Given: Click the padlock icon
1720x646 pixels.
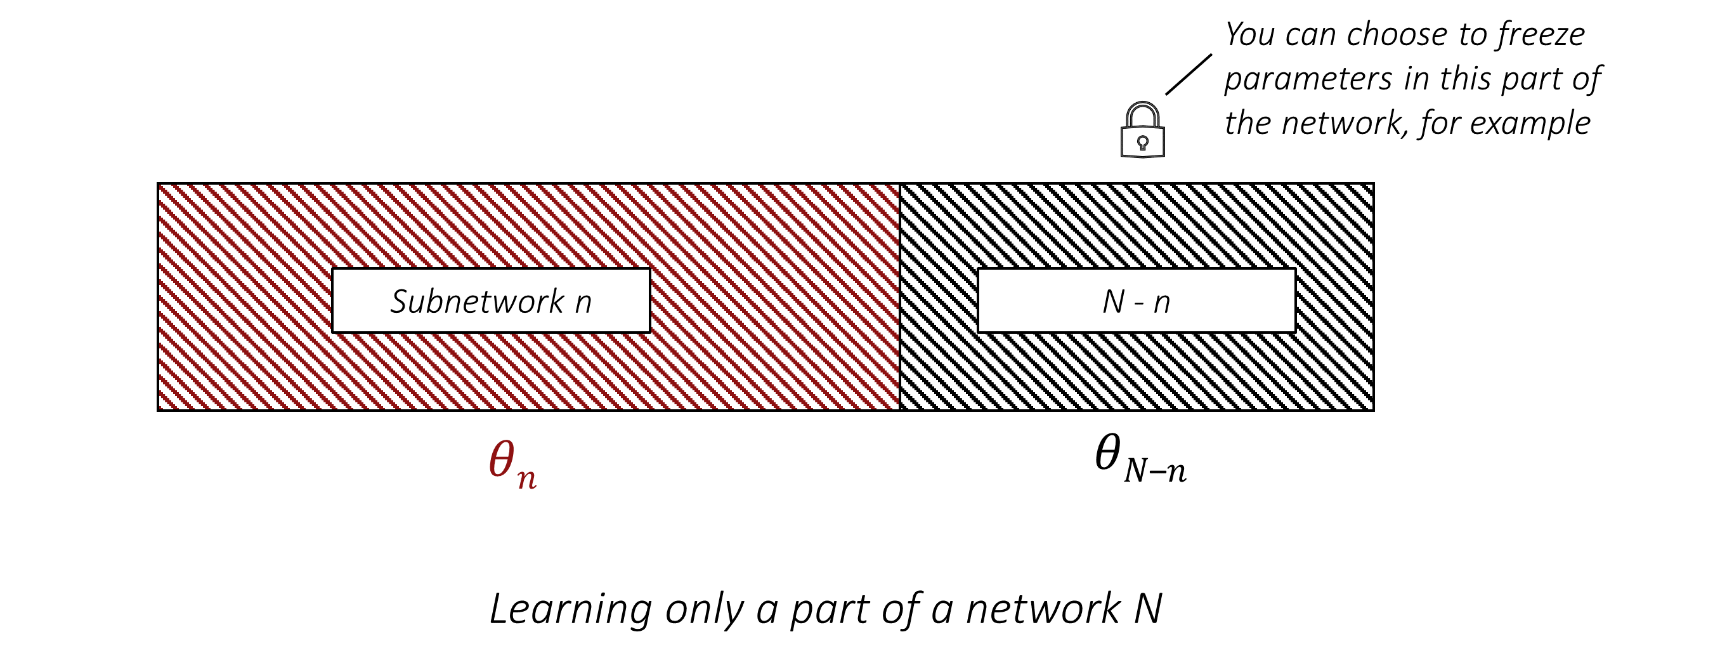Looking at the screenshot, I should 1142,131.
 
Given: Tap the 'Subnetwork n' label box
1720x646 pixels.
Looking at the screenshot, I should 491,301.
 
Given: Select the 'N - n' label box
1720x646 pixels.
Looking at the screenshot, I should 1136,301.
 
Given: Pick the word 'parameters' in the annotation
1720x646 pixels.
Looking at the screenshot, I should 1307,79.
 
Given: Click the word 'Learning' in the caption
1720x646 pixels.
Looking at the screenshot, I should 570,609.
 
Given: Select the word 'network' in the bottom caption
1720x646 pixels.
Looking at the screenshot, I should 1041,609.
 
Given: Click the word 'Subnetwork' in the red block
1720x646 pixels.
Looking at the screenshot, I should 478,301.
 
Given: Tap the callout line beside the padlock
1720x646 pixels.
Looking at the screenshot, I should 1189,74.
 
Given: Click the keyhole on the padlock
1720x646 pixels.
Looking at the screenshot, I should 1142,142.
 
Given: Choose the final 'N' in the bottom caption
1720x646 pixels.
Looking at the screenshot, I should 1148,609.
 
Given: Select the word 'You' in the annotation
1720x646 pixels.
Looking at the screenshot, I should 1249,35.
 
